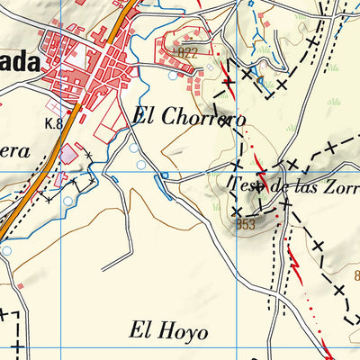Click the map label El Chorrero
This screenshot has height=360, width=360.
189,117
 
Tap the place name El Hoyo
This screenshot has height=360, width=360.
168,330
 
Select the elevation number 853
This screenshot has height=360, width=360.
247,224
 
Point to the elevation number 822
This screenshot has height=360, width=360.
187,53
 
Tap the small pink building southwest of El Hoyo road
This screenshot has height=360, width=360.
19,286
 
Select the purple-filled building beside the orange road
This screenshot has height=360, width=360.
68,155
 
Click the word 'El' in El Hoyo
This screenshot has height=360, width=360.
139,330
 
